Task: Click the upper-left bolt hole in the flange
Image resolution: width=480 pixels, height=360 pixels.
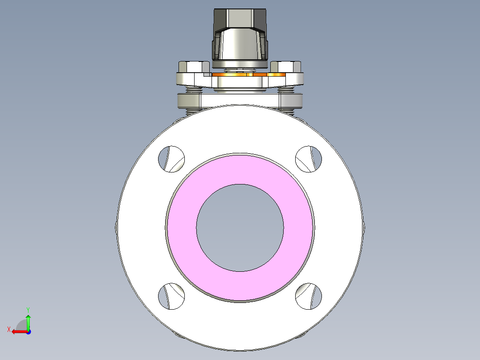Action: [x=171, y=159]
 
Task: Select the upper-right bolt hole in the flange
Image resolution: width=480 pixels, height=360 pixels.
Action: [x=309, y=159]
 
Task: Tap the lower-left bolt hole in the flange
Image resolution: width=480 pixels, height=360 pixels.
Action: [x=171, y=296]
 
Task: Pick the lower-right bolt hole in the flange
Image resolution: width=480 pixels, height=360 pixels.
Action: [x=309, y=296]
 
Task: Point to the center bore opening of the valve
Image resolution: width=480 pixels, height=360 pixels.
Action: [x=240, y=227]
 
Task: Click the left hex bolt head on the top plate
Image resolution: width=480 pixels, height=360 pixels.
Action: [x=193, y=67]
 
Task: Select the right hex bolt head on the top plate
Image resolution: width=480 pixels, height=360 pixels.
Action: [x=286, y=67]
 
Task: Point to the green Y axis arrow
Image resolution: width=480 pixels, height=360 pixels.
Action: [x=28, y=320]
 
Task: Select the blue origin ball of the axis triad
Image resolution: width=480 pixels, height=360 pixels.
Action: [x=28, y=331]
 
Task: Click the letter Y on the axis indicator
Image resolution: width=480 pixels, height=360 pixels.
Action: [x=28, y=309]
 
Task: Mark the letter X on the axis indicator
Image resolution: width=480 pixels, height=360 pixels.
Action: [x=9, y=329]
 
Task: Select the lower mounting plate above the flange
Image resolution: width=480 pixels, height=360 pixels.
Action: [x=240, y=100]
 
